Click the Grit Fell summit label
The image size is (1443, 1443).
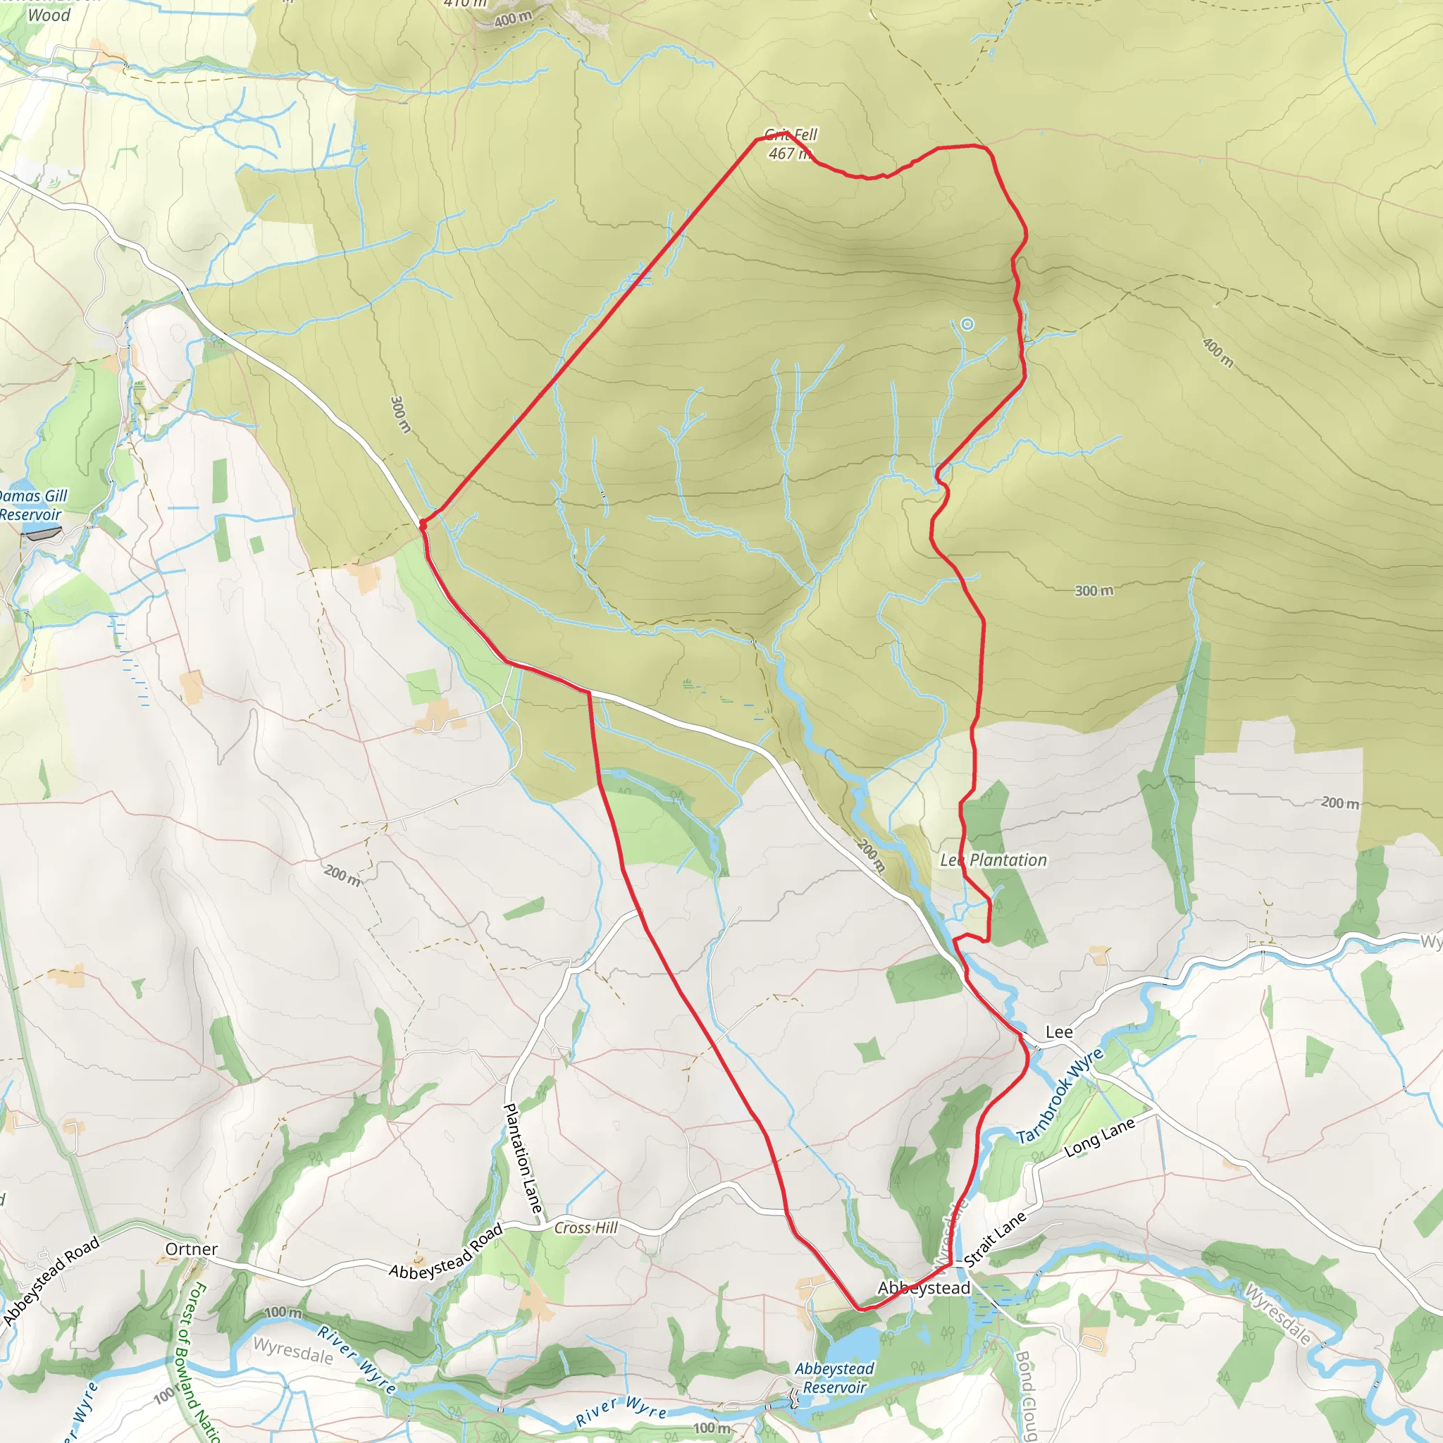(x=791, y=135)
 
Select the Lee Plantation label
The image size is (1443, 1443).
(x=993, y=860)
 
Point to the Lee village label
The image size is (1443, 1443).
(x=1058, y=1032)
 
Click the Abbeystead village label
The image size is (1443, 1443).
(x=924, y=1288)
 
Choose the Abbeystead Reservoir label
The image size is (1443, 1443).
(x=834, y=1378)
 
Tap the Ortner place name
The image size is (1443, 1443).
(x=192, y=1249)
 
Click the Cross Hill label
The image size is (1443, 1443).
(x=586, y=1228)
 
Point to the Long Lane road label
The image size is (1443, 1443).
(x=1099, y=1137)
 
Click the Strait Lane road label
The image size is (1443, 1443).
(x=995, y=1239)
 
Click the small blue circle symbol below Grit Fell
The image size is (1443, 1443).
(x=967, y=324)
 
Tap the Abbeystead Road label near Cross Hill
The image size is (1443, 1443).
(x=446, y=1253)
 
